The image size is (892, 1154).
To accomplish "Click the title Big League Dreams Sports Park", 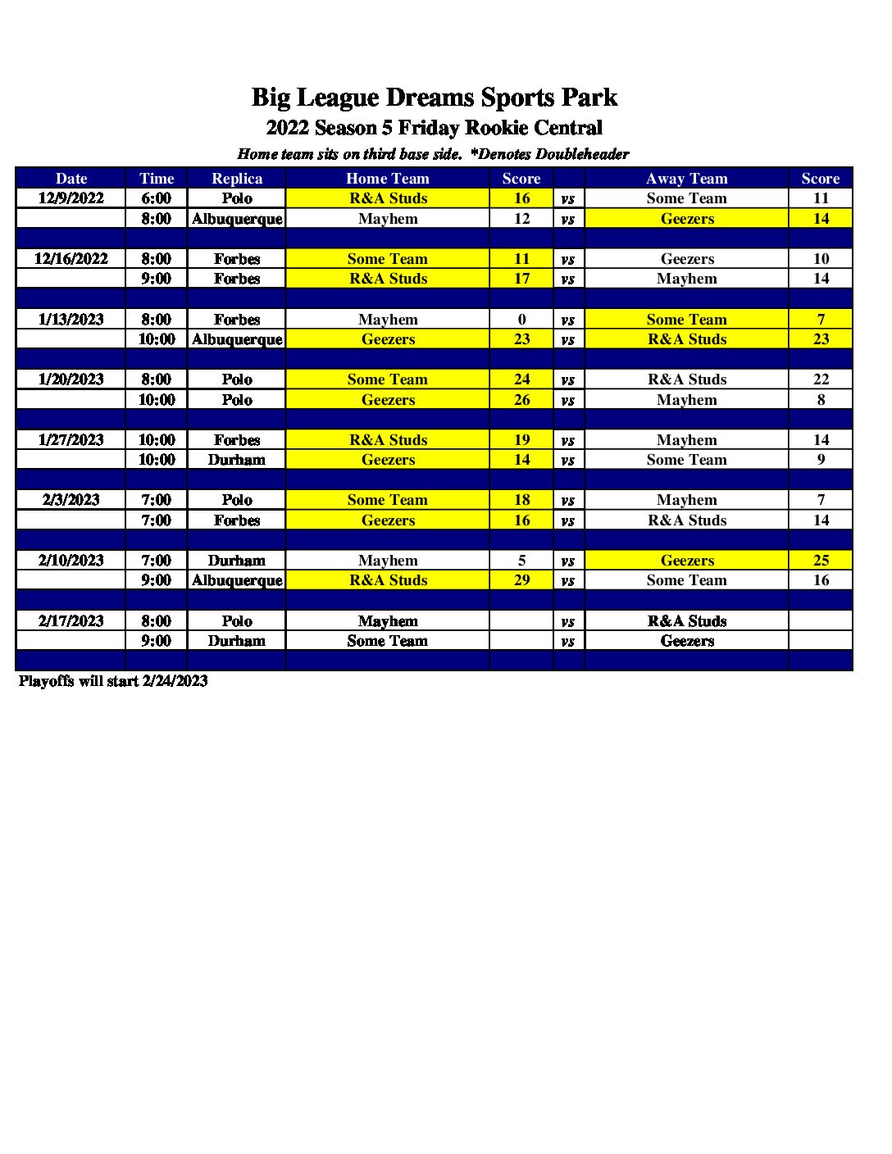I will pyautogui.click(x=434, y=98).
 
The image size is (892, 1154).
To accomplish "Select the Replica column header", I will pyautogui.click(x=237, y=179).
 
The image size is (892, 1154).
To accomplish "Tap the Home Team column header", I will pyautogui.click(x=388, y=179).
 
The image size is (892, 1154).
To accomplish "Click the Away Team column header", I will pyautogui.click(x=686, y=179).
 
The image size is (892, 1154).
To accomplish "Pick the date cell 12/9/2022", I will pyautogui.click(x=71, y=198).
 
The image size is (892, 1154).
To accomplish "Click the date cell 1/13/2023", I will pyautogui.click(x=71, y=320).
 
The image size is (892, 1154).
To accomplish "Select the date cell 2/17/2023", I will pyautogui.click(x=71, y=621).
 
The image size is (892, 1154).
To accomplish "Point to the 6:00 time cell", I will pyautogui.click(x=157, y=198).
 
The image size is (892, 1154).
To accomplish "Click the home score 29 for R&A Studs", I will pyautogui.click(x=521, y=580).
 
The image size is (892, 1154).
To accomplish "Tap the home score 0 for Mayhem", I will pyautogui.click(x=521, y=320).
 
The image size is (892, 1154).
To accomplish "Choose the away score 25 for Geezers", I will pyautogui.click(x=821, y=561).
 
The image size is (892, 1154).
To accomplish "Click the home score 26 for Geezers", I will pyautogui.click(x=521, y=400).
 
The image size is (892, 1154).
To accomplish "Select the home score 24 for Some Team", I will pyautogui.click(x=521, y=379).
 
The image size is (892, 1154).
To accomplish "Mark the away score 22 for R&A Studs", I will pyautogui.click(x=821, y=379).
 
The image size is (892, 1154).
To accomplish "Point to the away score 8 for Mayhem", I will pyautogui.click(x=821, y=400).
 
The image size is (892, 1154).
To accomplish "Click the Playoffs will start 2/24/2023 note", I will pyautogui.click(x=113, y=681).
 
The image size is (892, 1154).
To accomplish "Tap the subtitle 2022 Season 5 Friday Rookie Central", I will pyautogui.click(x=434, y=128).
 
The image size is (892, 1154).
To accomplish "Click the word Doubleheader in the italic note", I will pyautogui.click(x=582, y=154).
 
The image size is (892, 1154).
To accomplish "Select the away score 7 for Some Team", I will pyautogui.click(x=821, y=320).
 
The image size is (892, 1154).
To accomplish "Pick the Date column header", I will pyautogui.click(x=71, y=179).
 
